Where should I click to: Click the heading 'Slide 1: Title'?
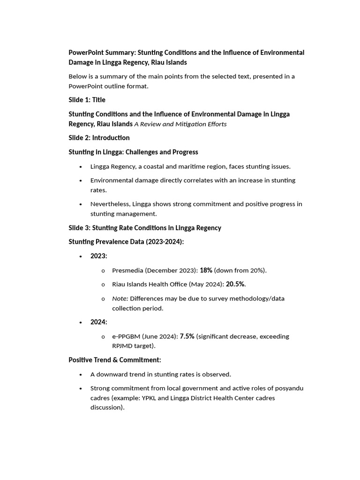pos(87,100)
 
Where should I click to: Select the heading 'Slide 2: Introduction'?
pos(99,138)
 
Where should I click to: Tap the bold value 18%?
pos(206,270)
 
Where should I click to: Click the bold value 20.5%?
pos(235,285)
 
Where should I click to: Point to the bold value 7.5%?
pos(187,337)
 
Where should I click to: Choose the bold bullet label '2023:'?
pos(99,256)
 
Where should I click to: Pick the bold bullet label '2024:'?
pos(99,322)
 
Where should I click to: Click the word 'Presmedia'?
pos(128,270)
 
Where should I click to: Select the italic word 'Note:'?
pos(120,299)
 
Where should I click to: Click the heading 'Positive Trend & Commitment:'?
pos(115,360)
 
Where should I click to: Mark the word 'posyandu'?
pos(290,389)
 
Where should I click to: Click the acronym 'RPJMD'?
pos(122,346)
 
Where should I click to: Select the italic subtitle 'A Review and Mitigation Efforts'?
pos(180,124)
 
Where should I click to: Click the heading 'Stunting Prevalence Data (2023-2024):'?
pos(127,242)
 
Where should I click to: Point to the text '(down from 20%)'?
pos(240,270)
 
